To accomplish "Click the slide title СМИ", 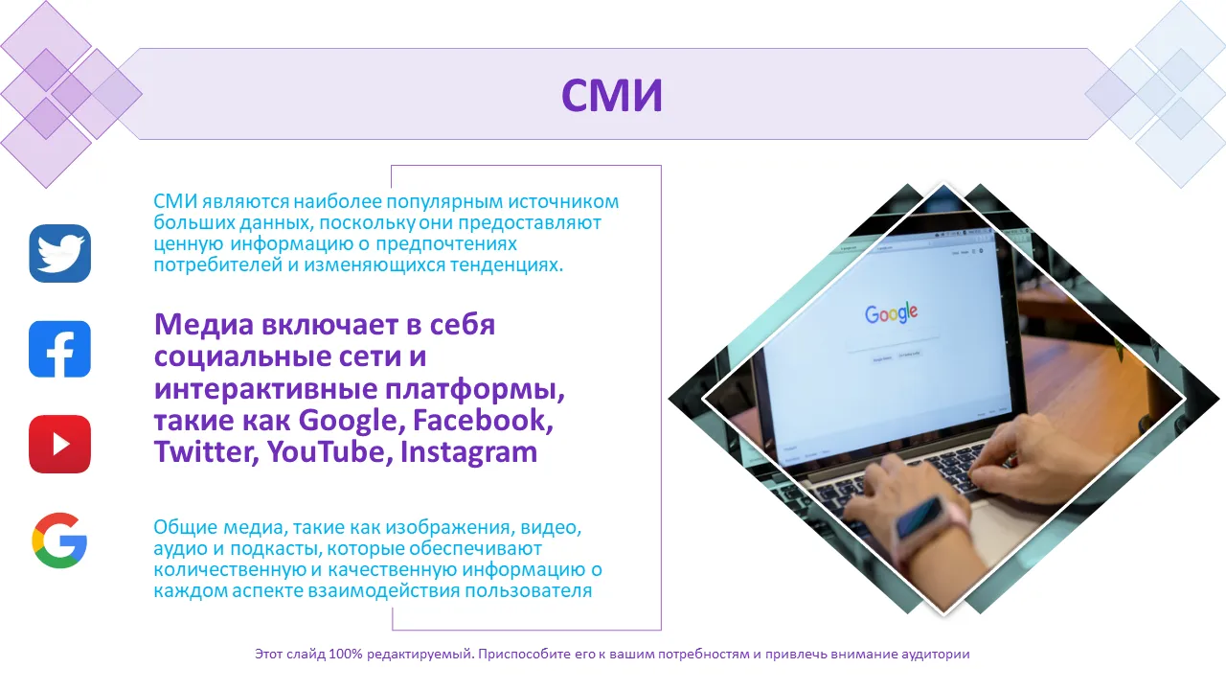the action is click(612, 95).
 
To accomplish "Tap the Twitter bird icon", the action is click(60, 254).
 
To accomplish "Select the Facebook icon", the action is click(59, 350).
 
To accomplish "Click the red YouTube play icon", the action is click(59, 444).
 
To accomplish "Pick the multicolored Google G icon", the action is click(59, 540).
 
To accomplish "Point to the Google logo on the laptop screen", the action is click(891, 312).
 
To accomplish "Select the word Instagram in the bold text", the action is click(468, 452).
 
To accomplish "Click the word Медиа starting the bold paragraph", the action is click(204, 324).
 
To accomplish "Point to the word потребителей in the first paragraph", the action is click(217, 265).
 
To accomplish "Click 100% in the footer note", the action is click(346, 654).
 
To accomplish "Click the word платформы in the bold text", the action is click(474, 389).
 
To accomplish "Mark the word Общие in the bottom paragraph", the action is click(185, 527).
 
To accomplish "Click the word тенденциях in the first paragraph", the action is click(507, 265).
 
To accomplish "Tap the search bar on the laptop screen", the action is click(894, 344).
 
